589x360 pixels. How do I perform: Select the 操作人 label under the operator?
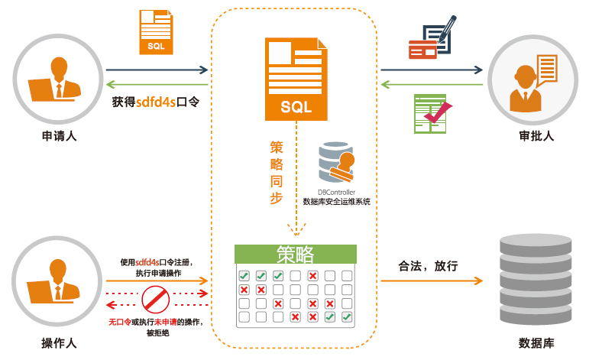pos(59,341)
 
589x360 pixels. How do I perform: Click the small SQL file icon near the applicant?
pos(155,32)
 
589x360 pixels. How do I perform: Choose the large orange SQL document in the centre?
pos(296,79)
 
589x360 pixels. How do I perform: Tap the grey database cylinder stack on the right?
pos(535,278)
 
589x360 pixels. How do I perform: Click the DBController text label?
pos(337,192)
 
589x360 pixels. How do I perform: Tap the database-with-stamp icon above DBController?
pos(337,162)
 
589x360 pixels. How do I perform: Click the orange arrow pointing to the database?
pos(432,281)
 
